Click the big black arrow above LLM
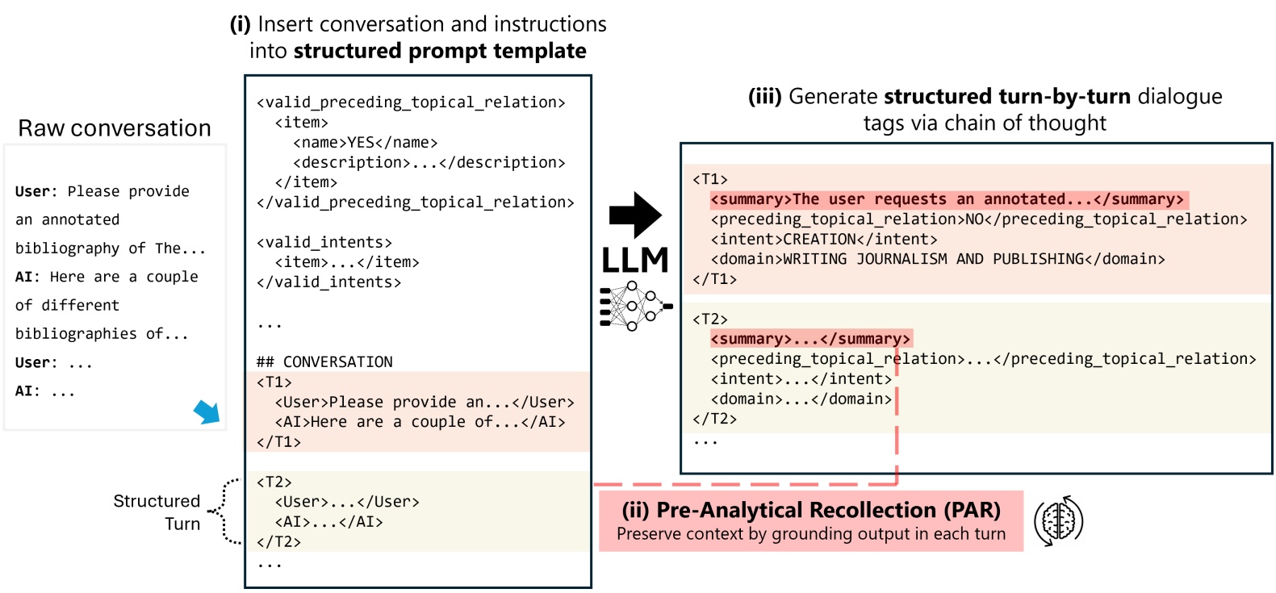point(634,215)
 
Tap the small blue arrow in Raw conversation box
point(207,411)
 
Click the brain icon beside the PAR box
point(1058,521)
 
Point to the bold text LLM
point(635,261)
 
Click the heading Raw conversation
point(115,128)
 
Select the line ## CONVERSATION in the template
point(324,361)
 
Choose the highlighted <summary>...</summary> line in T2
point(810,339)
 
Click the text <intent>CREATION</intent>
point(823,239)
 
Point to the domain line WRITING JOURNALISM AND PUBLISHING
point(937,259)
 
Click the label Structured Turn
point(157,512)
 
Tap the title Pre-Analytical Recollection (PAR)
point(810,510)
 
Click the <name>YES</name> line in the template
point(365,142)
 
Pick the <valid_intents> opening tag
point(324,242)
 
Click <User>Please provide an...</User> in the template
point(425,402)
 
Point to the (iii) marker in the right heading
point(764,97)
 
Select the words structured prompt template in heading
point(440,51)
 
